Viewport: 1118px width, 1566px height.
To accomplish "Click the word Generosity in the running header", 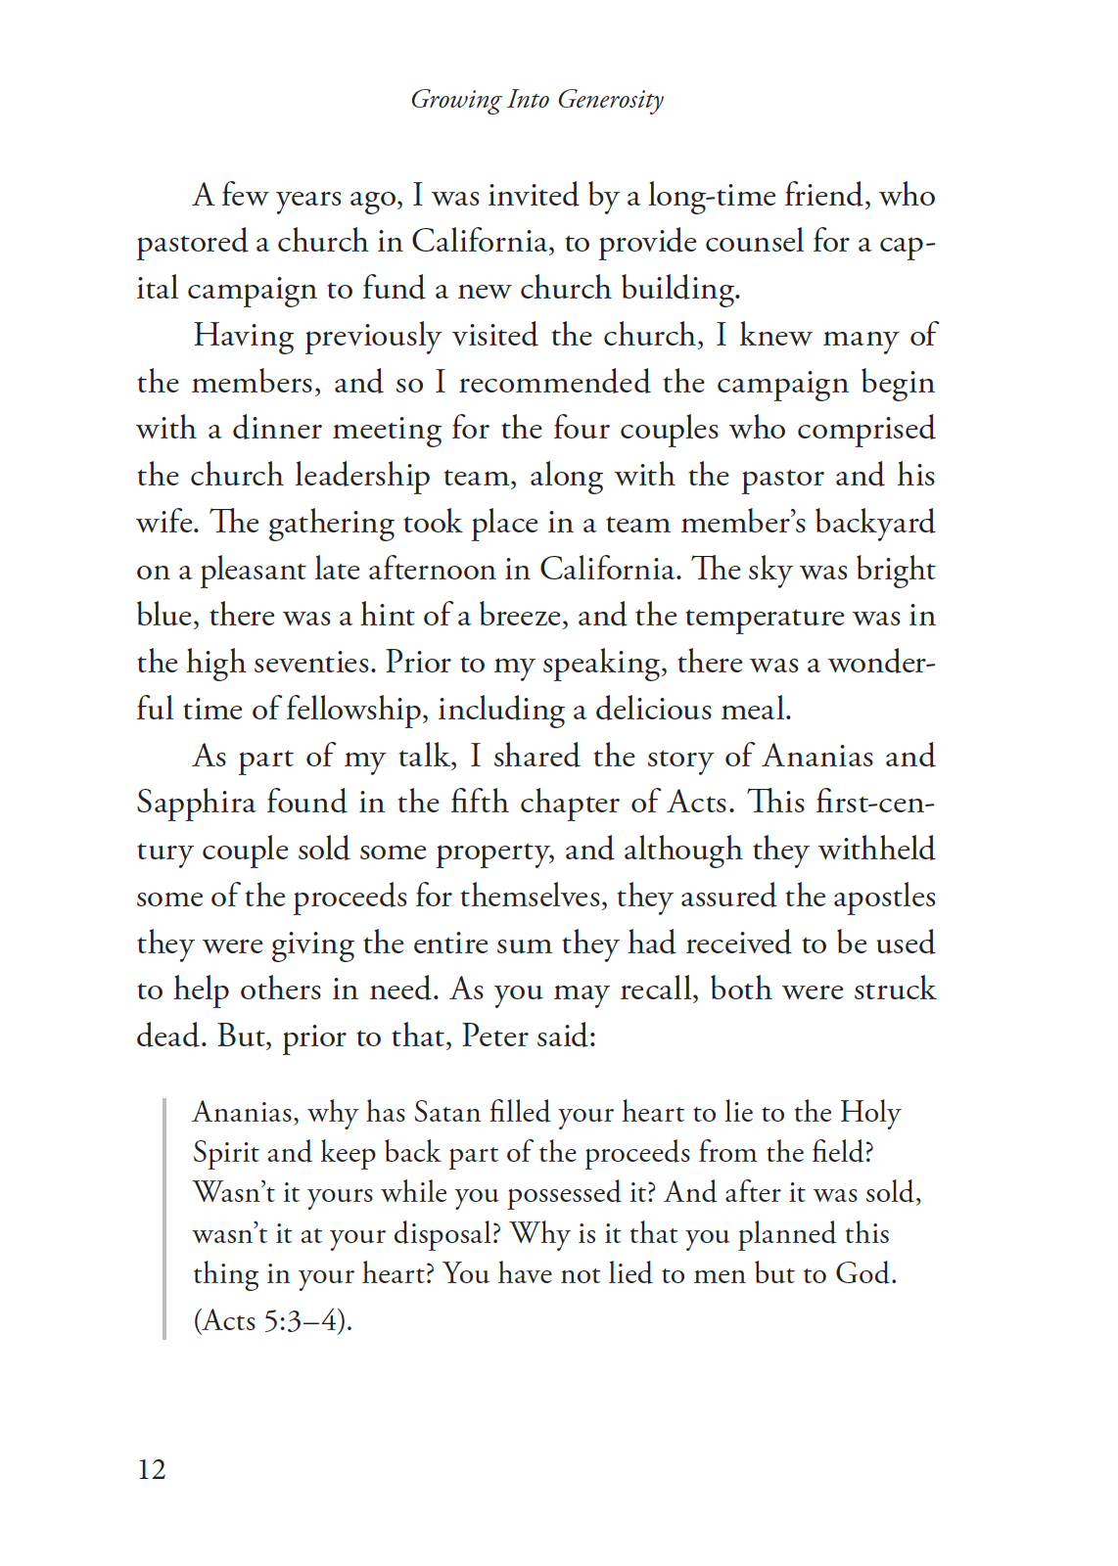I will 610,100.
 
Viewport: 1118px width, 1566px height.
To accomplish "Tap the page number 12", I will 152,1469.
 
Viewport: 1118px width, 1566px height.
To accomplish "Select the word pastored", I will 192,242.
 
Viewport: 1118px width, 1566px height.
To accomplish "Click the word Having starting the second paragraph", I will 244,336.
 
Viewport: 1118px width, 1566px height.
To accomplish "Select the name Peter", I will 493,1036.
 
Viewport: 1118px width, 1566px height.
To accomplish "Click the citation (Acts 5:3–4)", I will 272,1320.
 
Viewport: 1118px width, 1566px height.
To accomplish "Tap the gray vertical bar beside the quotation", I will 164,1218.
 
